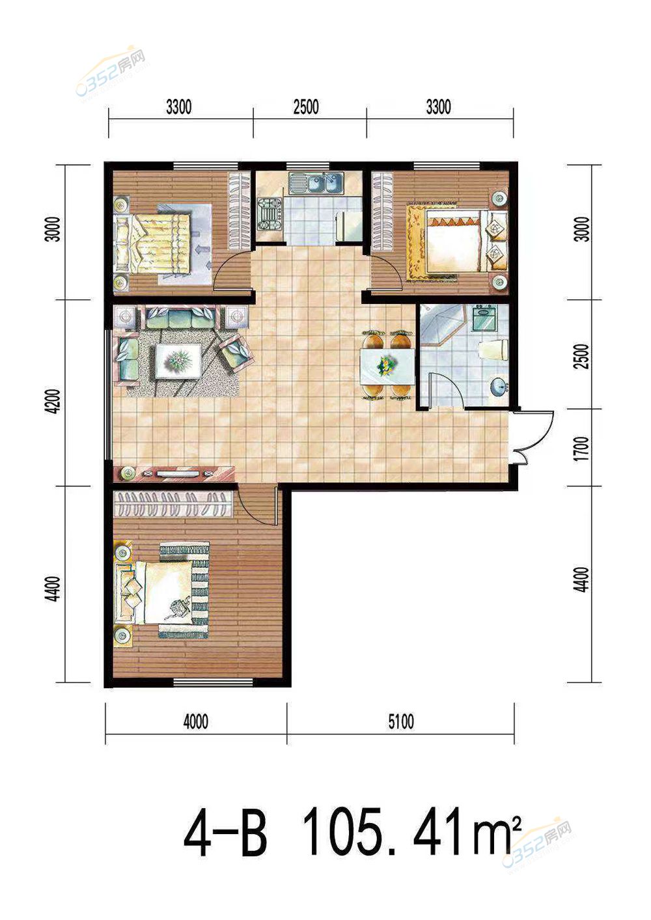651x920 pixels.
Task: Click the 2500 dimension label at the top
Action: (x=306, y=107)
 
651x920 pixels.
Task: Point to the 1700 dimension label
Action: (x=583, y=448)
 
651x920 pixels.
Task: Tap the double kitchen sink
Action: (x=316, y=183)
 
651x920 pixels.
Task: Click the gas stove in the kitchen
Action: (x=269, y=214)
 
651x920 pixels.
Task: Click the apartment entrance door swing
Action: (x=532, y=437)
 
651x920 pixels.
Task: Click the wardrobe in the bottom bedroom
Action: (x=173, y=503)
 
